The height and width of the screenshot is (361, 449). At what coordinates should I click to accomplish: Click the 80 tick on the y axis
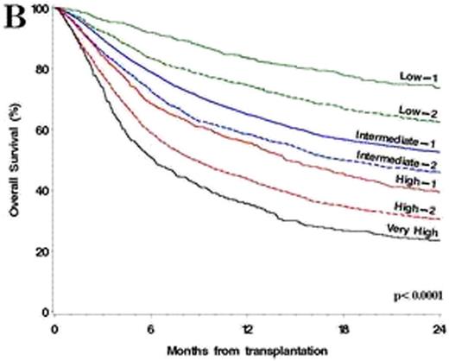coord(39,69)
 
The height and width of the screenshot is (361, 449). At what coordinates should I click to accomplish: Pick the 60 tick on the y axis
coord(39,130)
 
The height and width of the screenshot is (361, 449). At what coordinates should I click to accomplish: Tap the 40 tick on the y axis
coord(39,190)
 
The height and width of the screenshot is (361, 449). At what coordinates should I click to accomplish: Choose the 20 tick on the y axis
coord(39,251)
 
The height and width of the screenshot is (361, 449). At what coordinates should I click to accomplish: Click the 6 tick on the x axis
coord(151,329)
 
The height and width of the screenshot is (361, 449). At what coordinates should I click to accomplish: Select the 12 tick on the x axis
coord(247,329)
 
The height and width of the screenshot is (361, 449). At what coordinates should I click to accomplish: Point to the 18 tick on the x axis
coord(344,329)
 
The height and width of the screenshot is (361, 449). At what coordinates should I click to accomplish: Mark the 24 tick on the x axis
coord(438,329)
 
